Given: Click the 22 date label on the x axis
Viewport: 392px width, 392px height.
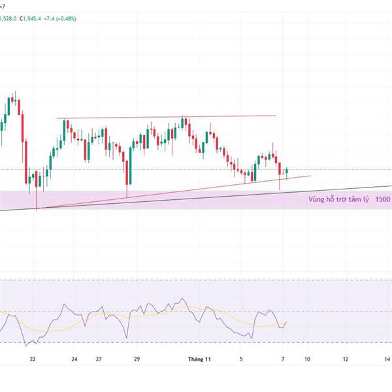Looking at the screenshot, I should point(32,359).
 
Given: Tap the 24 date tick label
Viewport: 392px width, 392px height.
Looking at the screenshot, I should point(74,359).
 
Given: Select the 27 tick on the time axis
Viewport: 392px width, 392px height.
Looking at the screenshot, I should point(98,359).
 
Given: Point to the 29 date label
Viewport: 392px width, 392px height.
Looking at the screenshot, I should point(137,359).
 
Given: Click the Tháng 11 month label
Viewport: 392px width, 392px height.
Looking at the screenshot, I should point(199,359).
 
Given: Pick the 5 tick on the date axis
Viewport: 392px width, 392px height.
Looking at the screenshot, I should point(241,359).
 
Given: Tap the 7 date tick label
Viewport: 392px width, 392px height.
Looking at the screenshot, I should point(283,359).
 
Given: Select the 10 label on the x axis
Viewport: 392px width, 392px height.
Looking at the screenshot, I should point(307,359).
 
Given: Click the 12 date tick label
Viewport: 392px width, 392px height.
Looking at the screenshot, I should point(346,359).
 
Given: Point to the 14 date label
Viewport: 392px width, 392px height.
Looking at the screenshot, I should point(387,359).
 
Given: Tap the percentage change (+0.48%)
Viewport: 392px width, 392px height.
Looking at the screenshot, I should point(65,18).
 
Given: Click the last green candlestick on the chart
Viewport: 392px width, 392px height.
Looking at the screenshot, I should point(287,171).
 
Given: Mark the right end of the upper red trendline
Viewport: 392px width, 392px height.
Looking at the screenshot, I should point(276,116).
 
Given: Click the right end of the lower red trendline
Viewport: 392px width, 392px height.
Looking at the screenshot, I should point(310,175).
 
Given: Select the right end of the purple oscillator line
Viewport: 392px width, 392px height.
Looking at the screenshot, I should point(287,321).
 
